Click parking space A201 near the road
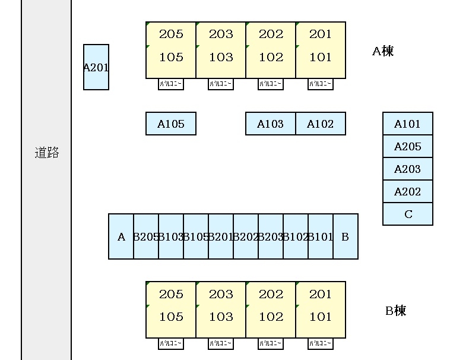pos(96,67)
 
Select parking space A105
pos(171,124)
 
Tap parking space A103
pos(271,124)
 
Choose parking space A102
pos(321,124)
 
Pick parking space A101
pos(407,124)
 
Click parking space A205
pos(407,146)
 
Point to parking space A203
pos(407,169)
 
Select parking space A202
pos(407,191)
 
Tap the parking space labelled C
pos(407,214)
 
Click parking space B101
pos(321,236)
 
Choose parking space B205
pos(146,236)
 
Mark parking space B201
pos(221,236)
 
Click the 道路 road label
pos(47,153)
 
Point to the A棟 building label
pos(383,51)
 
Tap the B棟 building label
pos(396,311)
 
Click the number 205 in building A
pos(171,34)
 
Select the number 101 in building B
pos(321,317)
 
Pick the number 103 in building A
pos(221,57)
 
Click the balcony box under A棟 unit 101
pos(321,84)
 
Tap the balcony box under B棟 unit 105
pos(171,344)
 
